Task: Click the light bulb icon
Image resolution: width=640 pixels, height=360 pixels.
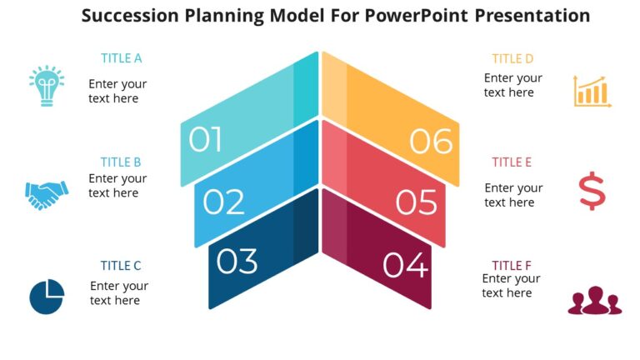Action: [47, 84]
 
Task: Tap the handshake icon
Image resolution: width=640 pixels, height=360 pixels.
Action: [47, 194]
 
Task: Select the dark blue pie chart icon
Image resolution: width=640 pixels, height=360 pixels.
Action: [47, 297]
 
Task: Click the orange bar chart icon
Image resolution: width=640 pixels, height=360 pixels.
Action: [592, 91]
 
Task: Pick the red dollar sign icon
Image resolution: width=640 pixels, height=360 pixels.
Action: [592, 191]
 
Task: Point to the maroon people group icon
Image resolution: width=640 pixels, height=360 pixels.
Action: [594, 301]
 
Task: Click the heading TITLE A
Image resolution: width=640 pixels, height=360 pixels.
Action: [122, 58]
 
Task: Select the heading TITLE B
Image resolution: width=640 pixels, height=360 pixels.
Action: [121, 162]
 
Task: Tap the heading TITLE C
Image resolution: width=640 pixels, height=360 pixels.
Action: [121, 266]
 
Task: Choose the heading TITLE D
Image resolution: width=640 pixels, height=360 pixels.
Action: [512, 58]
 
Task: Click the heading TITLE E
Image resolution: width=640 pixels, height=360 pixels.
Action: [512, 162]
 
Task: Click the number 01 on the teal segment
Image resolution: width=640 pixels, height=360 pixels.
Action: [206, 141]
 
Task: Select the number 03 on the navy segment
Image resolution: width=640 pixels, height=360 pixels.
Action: [237, 262]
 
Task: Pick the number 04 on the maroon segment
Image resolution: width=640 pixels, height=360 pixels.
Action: [405, 266]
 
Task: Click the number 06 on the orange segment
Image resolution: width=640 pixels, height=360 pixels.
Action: [431, 142]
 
